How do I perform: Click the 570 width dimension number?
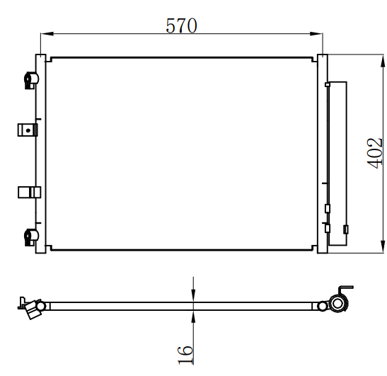[181, 25]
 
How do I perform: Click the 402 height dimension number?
[374, 153]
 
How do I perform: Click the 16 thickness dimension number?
[185, 355]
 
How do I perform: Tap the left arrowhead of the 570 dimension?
[47, 33]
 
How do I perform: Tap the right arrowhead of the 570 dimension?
[316, 34]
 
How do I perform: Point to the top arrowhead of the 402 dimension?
[383, 61]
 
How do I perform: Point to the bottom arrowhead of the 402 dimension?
[383, 246]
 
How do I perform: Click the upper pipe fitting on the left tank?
[31, 80]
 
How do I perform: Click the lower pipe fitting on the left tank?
[31, 237]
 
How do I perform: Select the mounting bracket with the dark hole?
[28, 130]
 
